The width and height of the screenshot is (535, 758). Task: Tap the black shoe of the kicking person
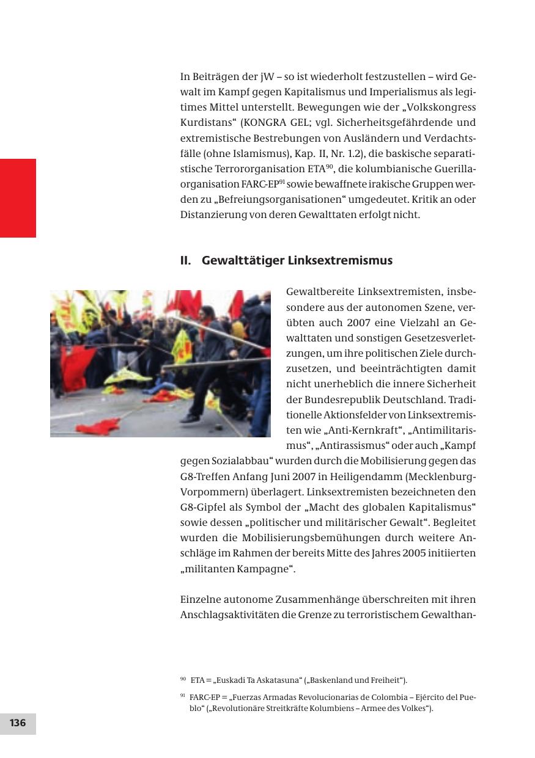pos(190,418)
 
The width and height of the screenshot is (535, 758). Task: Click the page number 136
pos(18,723)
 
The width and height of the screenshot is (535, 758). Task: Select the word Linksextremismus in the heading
pos(341,261)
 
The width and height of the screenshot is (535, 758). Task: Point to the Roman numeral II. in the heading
pos(186,261)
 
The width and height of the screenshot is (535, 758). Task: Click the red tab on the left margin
pos(18,198)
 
